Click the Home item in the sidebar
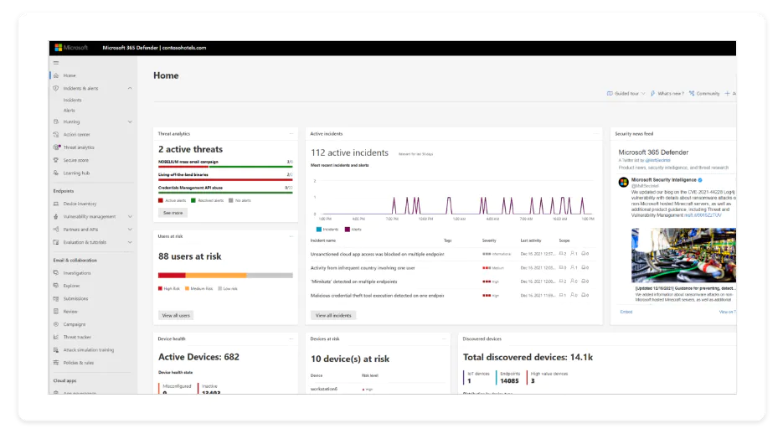click(x=70, y=75)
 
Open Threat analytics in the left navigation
click(x=79, y=147)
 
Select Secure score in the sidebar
click(x=75, y=160)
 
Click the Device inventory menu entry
click(x=80, y=204)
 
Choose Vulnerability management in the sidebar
click(x=89, y=216)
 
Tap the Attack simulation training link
click(x=88, y=349)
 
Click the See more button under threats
click(x=173, y=213)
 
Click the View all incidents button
click(x=333, y=315)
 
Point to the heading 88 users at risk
click(x=190, y=256)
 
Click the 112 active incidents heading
click(x=349, y=152)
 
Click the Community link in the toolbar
click(x=707, y=94)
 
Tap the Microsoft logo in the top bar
click(x=71, y=48)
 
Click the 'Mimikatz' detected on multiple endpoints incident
click(x=365, y=282)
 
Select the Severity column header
click(x=489, y=240)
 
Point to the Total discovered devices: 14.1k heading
click(x=528, y=358)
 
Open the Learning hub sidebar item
click(x=76, y=173)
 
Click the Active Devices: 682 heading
click(x=198, y=357)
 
